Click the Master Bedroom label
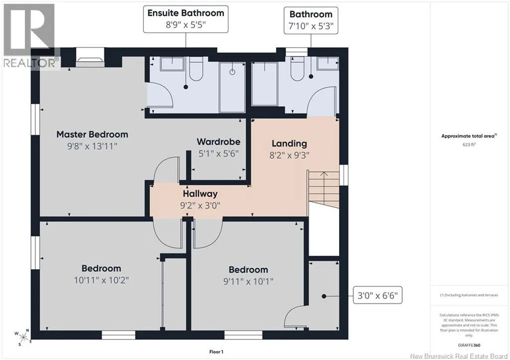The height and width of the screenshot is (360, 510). coord(92,134)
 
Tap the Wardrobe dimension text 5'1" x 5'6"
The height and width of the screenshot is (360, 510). coord(219,153)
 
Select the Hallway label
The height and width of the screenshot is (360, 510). coord(200,194)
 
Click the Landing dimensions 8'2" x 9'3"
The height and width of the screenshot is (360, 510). coord(289,155)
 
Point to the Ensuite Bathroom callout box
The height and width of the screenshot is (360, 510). coord(186,19)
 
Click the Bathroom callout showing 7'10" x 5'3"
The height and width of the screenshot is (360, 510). coord(311,20)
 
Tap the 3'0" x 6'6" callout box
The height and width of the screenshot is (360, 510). coord(378,295)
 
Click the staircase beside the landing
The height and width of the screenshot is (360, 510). coord(324,189)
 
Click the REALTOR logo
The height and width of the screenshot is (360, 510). coord(29,35)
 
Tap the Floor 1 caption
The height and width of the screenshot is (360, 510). coord(216,352)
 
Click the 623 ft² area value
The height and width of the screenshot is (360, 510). coord(469,144)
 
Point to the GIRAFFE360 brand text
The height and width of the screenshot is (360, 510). coord(469,345)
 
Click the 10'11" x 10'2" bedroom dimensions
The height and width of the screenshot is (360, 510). coord(102,280)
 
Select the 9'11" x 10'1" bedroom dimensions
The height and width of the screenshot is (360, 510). coord(248,281)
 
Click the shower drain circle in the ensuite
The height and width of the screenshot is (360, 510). coord(232,72)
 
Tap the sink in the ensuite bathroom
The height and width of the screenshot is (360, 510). coord(172,64)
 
